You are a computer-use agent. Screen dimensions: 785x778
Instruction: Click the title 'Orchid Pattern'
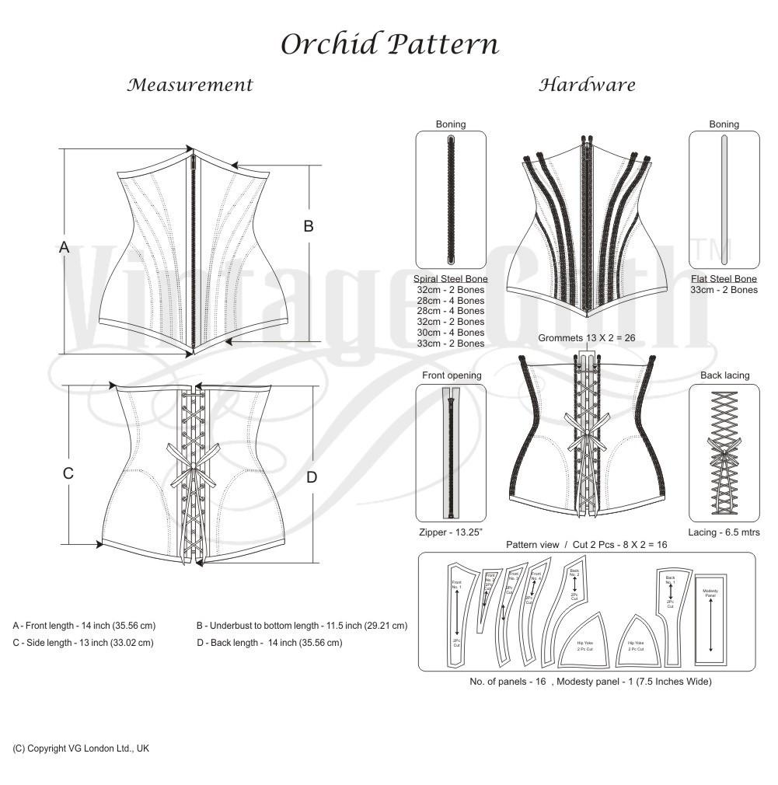click(389, 44)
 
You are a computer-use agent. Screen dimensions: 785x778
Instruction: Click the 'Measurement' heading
click(190, 85)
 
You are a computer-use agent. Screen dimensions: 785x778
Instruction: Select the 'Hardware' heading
click(587, 85)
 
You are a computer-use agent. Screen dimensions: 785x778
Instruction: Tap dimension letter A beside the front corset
click(65, 247)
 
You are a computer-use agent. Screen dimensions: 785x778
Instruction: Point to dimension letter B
click(309, 226)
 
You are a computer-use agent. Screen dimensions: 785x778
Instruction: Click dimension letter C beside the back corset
click(68, 473)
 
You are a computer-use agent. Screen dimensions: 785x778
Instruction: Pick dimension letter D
click(312, 477)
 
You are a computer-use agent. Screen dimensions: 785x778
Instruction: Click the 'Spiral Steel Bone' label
click(451, 279)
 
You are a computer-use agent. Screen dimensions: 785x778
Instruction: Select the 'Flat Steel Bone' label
click(724, 279)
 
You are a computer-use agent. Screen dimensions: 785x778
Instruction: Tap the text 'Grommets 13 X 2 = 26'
click(587, 338)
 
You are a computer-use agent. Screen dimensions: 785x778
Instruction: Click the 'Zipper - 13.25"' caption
click(451, 532)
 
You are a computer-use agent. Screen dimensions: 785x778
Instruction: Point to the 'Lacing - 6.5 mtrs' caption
click(724, 532)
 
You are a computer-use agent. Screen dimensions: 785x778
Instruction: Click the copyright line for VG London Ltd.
click(81, 748)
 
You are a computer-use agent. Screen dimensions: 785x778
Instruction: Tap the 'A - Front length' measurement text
click(84, 626)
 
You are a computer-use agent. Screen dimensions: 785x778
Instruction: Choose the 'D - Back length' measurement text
click(269, 643)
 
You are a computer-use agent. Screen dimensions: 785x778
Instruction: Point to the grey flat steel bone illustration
click(724, 201)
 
